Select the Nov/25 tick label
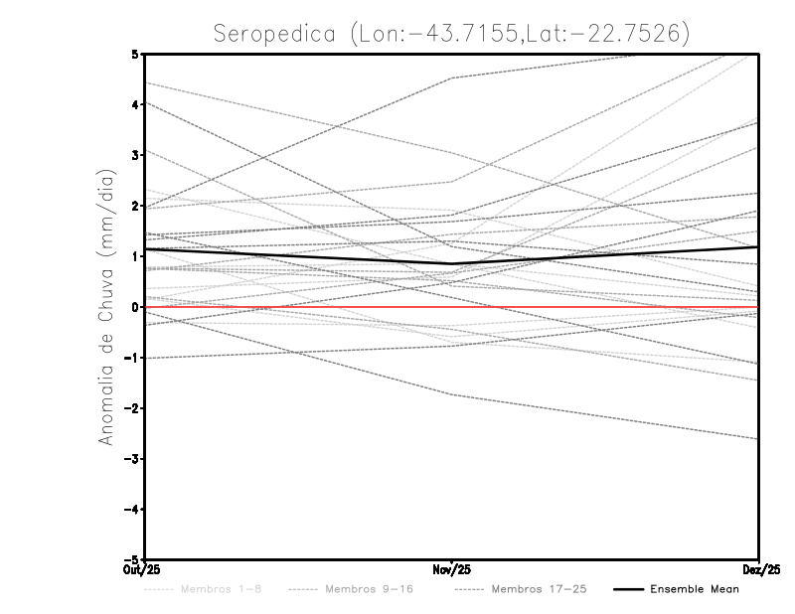click(x=452, y=570)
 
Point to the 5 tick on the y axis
click(x=135, y=54)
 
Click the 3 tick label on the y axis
click(x=135, y=155)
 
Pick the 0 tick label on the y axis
click(x=135, y=307)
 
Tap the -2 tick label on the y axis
click(x=131, y=408)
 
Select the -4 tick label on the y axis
click(x=131, y=510)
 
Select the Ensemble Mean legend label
click(x=695, y=589)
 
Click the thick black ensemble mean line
click(x=298, y=256)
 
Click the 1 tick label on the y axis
click(x=135, y=256)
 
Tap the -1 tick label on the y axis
click(x=131, y=358)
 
